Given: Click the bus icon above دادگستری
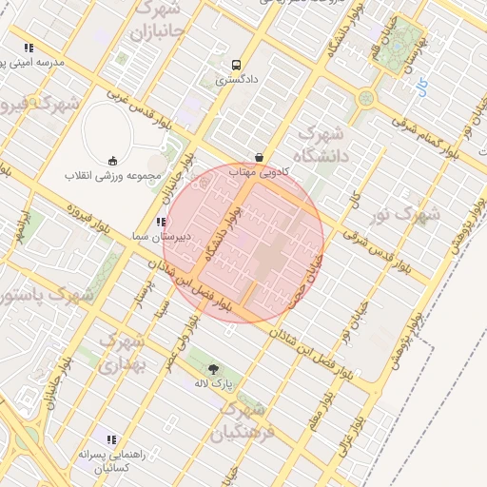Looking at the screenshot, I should [x=236, y=65].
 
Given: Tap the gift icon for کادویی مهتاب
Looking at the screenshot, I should [x=259, y=157].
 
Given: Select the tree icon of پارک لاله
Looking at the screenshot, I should [x=212, y=369].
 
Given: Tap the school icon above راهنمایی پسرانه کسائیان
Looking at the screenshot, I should [x=111, y=439].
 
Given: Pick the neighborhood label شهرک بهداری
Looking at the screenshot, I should [x=123, y=351].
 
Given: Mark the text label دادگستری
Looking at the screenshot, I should [x=235, y=81].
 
